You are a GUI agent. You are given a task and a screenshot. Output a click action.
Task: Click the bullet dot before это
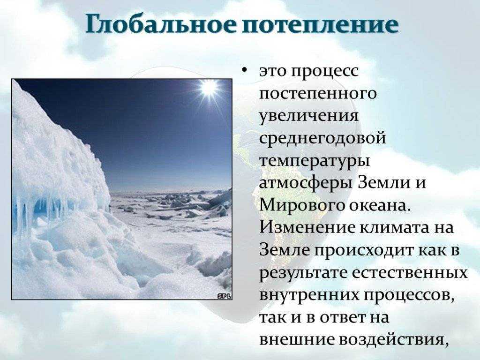[x=244, y=71]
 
